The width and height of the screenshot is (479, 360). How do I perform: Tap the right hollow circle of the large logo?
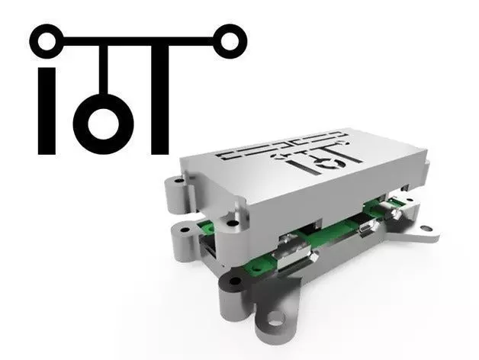226,38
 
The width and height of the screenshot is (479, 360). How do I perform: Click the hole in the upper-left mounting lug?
172,184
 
